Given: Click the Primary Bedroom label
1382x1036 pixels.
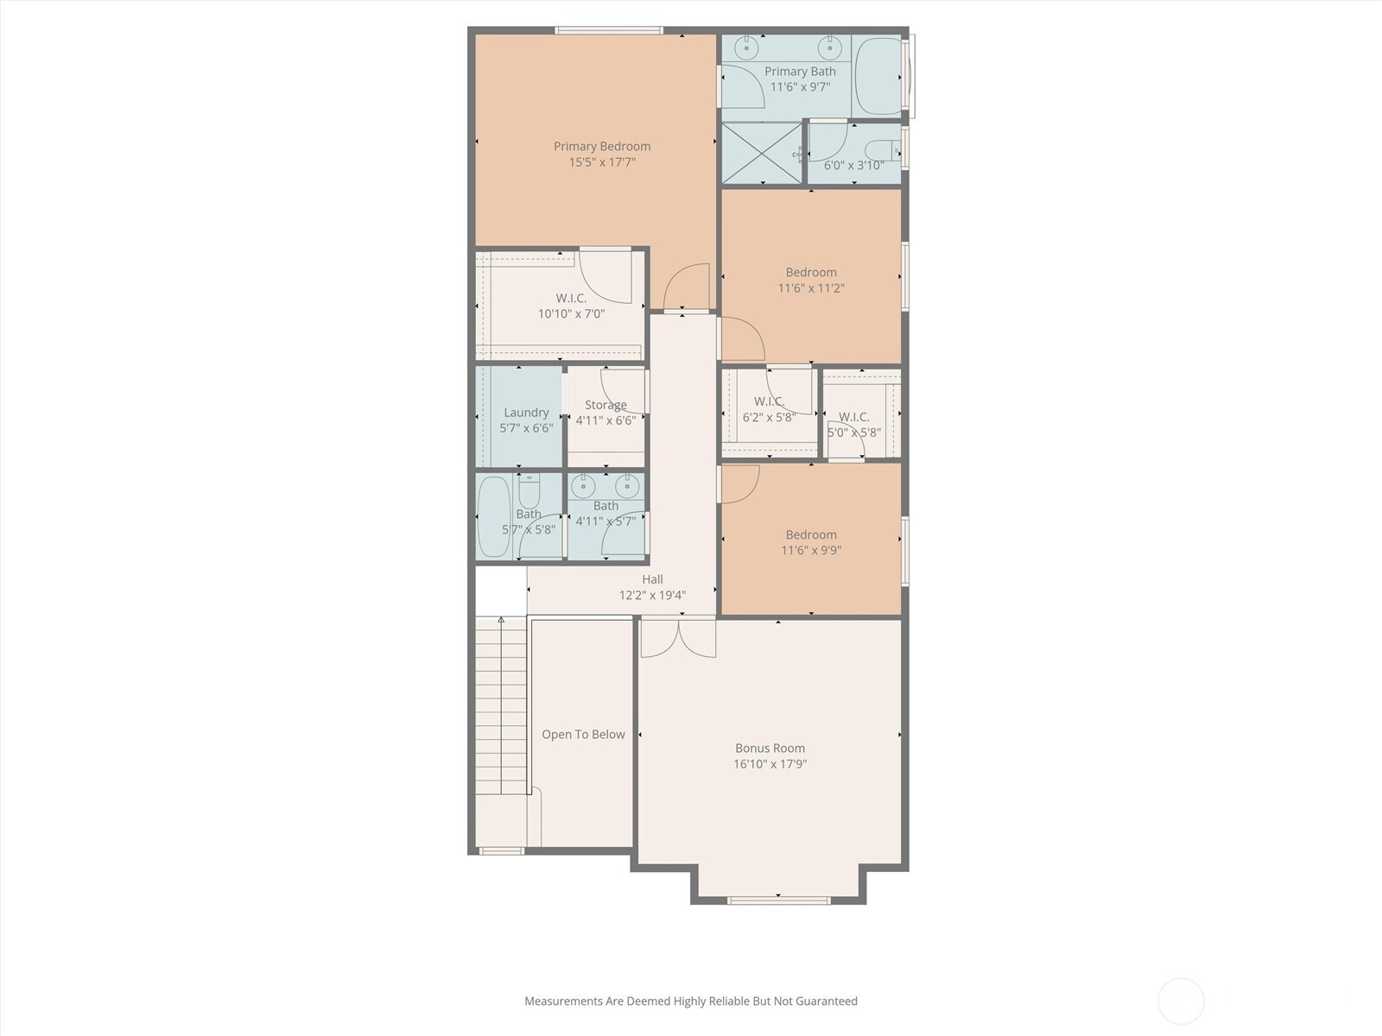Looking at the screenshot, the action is point(602,146).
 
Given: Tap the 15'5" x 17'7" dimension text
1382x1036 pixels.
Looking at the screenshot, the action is point(602,162).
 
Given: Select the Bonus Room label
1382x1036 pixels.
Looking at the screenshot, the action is point(770,748).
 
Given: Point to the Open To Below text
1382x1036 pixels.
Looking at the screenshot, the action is point(583,734).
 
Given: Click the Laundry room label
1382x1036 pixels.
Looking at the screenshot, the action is point(526,413).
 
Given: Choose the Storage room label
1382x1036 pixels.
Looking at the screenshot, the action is point(605,405).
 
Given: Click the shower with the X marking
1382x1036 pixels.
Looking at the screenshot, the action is point(761,153).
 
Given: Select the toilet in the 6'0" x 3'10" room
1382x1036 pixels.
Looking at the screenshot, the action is point(882,151).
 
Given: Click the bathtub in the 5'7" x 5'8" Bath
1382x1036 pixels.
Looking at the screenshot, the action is point(493,516).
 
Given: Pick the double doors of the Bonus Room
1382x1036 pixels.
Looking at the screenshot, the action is point(678,639).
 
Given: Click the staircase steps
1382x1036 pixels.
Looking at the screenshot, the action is point(501,705).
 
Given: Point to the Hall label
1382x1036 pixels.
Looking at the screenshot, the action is point(652,579).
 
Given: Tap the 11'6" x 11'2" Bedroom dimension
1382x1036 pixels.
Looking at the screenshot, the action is point(811,288).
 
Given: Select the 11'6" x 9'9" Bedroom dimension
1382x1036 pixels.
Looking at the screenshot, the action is point(811,551).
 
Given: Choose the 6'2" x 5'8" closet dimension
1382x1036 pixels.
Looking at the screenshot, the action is point(770,417).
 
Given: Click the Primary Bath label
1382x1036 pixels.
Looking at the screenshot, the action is point(800,71).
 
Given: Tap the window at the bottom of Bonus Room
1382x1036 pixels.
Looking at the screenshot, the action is point(779,900).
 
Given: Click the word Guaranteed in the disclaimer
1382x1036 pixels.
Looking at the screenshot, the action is point(826,1001).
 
